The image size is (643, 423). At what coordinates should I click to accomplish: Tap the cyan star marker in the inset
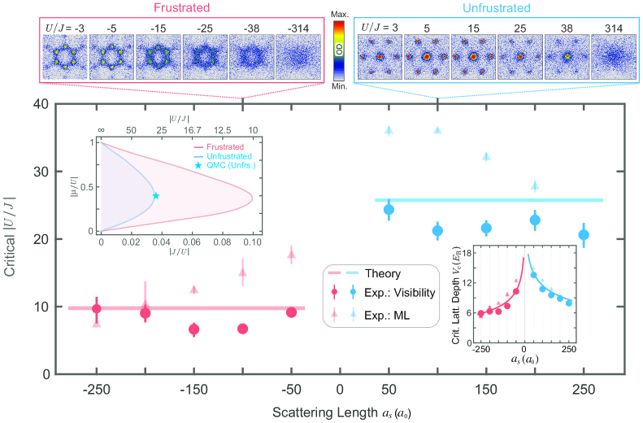coord(155,195)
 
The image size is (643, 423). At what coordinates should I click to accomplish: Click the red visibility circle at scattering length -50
coord(291,312)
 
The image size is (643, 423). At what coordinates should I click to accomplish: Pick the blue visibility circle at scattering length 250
coord(583,235)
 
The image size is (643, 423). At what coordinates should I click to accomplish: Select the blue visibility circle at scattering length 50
coord(389,210)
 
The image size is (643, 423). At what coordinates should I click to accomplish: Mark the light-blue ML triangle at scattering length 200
coord(535,185)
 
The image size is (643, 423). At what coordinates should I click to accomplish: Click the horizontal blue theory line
coord(488,200)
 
